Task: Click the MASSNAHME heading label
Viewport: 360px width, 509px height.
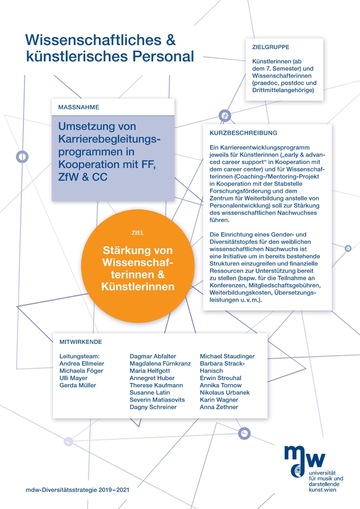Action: tap(79, 107)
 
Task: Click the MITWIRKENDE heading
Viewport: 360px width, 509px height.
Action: tap(81, 342)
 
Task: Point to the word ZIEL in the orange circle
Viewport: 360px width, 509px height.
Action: tap(138, 232)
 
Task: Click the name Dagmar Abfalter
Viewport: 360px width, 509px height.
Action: tap(153, 357)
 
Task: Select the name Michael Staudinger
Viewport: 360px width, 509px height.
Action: tap(227, 357)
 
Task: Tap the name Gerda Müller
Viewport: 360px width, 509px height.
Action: tap(78, 385)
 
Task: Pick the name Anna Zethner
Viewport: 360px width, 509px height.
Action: tap(219, 407)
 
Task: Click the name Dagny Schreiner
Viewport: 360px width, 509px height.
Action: tap(153, 407)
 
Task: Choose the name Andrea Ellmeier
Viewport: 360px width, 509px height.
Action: tap(82, 363)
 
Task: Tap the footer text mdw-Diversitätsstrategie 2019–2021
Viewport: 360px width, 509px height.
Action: tap(77, 490)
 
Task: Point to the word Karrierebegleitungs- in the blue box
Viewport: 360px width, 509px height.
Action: tap(109, 139)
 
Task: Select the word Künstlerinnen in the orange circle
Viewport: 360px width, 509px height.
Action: tap(138, 287)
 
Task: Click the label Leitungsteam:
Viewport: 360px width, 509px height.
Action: tap(80, 357)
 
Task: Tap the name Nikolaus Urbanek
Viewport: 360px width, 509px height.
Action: tap(224, 393)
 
